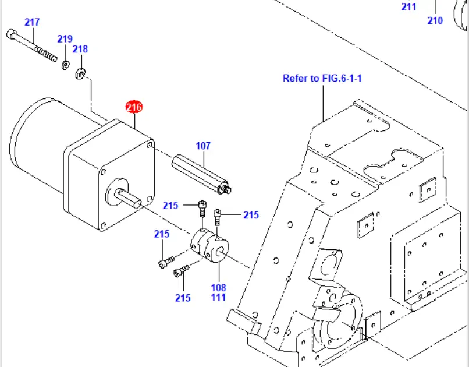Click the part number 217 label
[x=32, y=22]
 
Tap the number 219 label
[x=65, y=39]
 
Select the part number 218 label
[x=80, y=49]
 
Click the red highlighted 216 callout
[x=134, y=107]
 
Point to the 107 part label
[x=202, y=146]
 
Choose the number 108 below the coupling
[x=218, y=287]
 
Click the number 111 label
[x=218, y=297]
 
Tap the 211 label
[x=409, y=7]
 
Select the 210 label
[x=435, y=20]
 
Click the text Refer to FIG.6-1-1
[x=322, y=77]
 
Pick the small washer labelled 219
[x=66, y=63]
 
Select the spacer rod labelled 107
[x=201, y=170]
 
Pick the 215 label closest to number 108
[x=183, y=298]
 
